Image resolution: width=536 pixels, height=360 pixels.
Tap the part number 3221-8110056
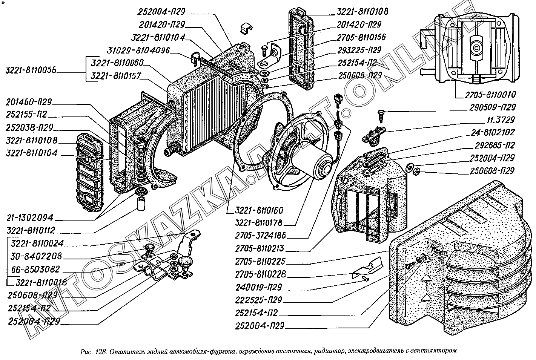[x=31, y=70]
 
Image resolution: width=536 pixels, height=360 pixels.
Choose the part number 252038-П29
[x=29, y=127]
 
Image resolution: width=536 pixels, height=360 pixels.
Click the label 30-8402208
[x=36, y=257]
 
